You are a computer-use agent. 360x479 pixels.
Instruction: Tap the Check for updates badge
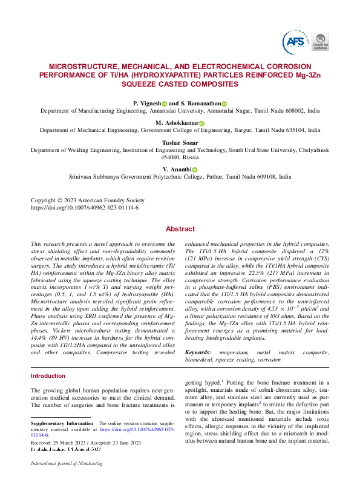[x=321, y=41]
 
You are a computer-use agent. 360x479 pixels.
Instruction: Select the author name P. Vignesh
[x=147, y=104]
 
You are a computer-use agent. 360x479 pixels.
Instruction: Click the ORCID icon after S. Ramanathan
[x=224, y=104]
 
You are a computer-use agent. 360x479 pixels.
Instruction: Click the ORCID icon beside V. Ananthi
[x=195, y=169]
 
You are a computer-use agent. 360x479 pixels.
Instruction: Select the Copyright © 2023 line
[x=88, y=200]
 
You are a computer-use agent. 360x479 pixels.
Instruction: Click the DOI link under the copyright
[x=85, y=207]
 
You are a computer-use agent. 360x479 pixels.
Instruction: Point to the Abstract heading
[x=180, y=229]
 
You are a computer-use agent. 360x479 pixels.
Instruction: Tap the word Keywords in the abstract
[x=198, y=352]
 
